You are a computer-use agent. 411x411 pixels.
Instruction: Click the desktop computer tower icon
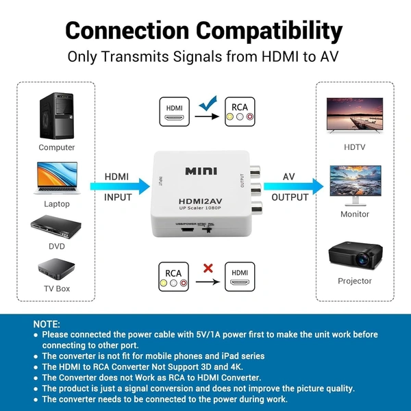click(x=57, y=114)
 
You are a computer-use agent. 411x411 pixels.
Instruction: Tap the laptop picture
click(x=57, y=178)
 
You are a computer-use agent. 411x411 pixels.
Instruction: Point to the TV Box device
click(x=57, y=269)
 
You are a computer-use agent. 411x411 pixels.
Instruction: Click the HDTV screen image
click(x=354, y=114)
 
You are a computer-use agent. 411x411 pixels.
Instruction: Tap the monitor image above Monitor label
click(x=354, y=183)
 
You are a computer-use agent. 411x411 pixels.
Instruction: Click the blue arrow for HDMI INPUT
click(x=121, y=186)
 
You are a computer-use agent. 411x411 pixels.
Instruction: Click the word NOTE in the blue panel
click(x=47, y=323)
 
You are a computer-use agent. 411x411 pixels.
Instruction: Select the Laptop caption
click(x=57, y=204)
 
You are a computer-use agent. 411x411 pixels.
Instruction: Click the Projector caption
click(x=355, y=281)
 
